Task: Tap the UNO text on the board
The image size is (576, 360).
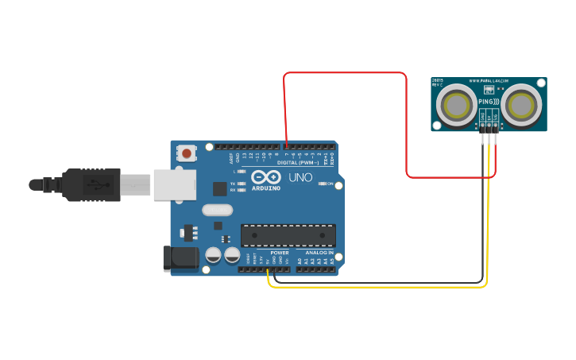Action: point(300,177)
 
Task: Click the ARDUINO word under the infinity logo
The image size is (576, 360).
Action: point(266,188)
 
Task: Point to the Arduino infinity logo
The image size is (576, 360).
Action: point(266,177)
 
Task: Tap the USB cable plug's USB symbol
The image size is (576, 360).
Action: point(94,185)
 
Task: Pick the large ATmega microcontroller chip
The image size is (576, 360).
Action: point(288,235)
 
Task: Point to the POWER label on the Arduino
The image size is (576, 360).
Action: point(279,253)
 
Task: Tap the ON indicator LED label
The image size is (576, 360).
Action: point(329,184)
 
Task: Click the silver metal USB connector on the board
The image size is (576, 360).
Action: point(175,185)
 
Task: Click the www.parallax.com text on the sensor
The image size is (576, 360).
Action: point(489,81)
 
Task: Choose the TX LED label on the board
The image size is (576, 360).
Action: point(232,184)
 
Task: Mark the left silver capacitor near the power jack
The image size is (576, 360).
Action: point(214,255)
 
